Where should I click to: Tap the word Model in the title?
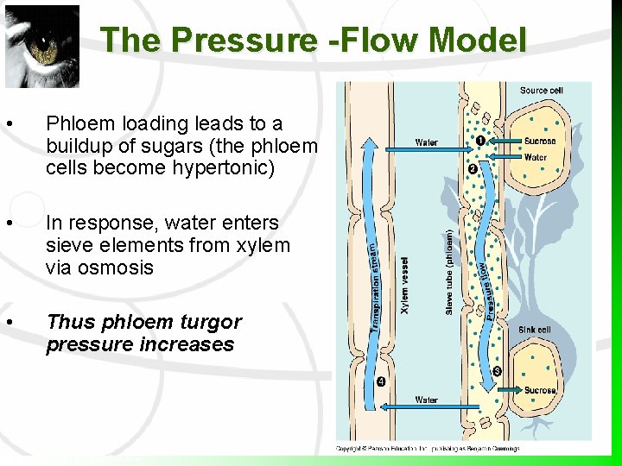tap(477, 40)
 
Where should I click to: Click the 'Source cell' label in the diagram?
tap(542, 91)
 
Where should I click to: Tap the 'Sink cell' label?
tap(533, 330)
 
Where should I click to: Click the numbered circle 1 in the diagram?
tap(479, 141)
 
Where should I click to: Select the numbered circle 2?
tap(472, 169)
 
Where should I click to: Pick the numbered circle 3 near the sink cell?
tap(497, 372)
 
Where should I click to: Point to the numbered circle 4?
tap(381, 382)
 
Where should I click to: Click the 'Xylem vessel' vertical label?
tap(405, 285)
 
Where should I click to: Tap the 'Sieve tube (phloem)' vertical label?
tap(448, 271)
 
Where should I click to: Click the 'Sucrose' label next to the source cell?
tap(540, 141)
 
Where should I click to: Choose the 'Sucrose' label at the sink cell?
tap(540, 390)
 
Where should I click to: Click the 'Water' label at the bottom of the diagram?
tap(426, 400)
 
